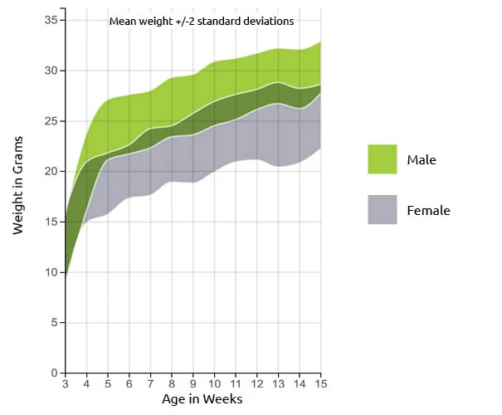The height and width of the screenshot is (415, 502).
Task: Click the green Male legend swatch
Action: click(x=382, y=159)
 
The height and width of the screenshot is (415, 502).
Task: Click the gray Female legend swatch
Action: click(x=382, y=210)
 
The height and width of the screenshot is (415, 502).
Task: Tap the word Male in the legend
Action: click(x=422, y=159)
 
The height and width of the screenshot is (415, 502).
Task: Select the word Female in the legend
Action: click(x=428, y=211)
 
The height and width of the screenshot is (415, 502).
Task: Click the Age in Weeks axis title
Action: click(x=202, y=400)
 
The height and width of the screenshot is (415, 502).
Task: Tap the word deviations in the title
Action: click(x=267, y=22)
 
